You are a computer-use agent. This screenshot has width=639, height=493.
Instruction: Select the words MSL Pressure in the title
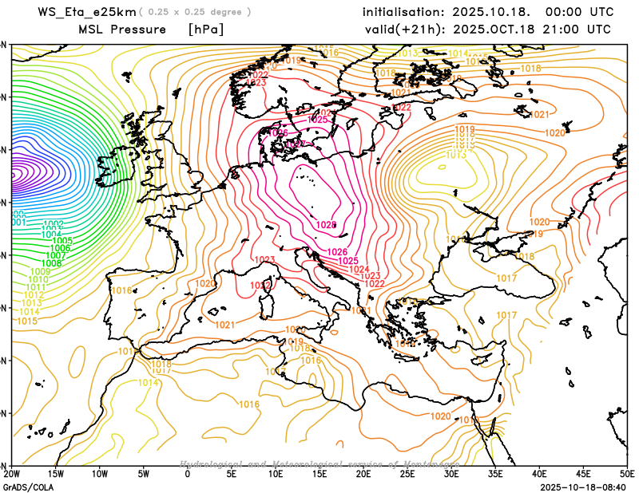(x=122, y=30)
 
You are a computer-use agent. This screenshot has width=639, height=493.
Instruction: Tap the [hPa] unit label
(x=205, y=30)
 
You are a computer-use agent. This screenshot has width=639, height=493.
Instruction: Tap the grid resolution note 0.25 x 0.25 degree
(x=196, y=13)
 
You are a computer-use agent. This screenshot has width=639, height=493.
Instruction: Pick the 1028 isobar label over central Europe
(x=327, y=226)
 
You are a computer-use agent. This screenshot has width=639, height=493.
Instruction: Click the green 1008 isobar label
(x=51, y=262)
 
